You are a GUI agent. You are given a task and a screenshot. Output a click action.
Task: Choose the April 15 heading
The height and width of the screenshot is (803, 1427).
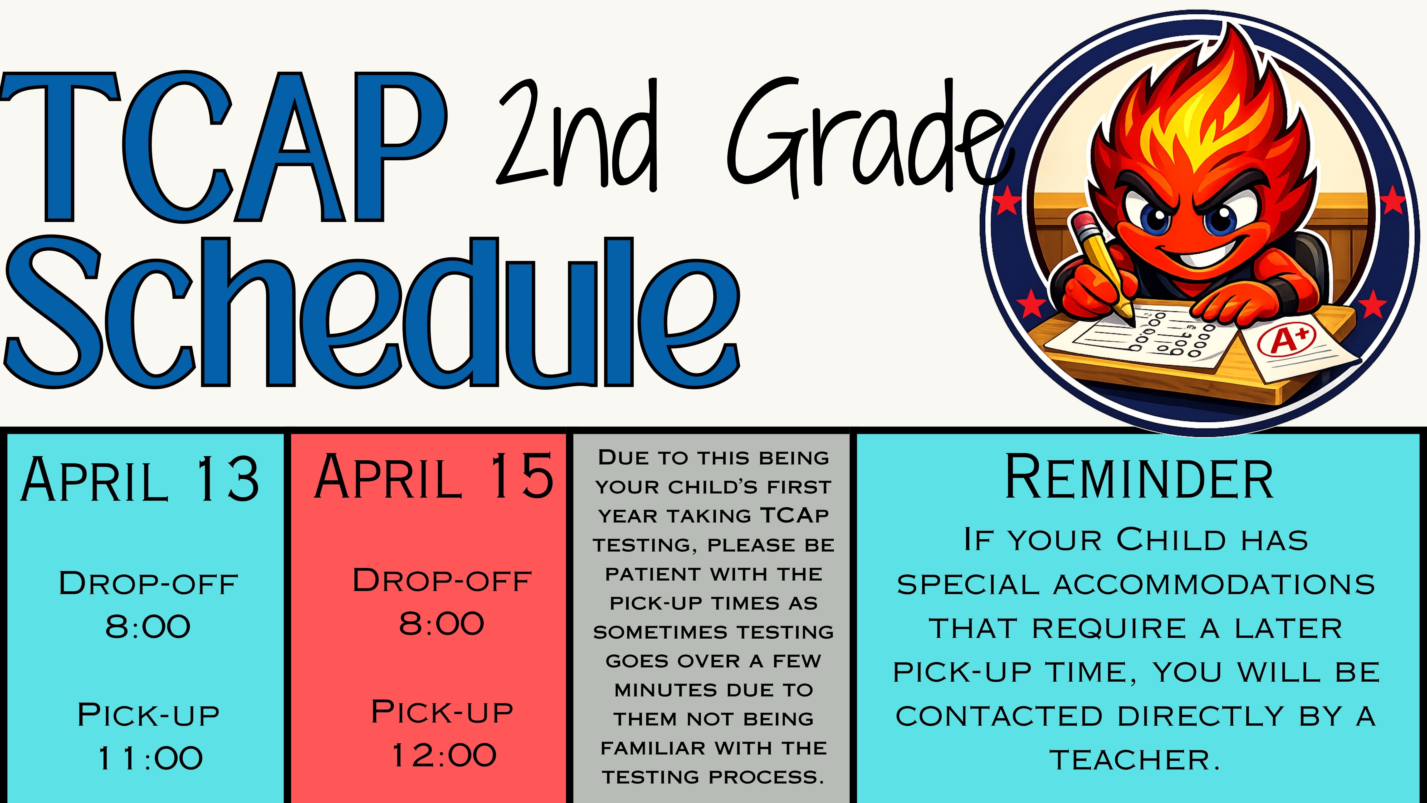[434, 475]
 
